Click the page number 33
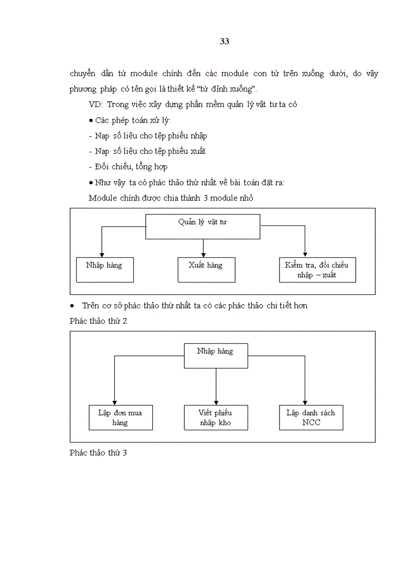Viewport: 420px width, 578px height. pyautogui.click(x=224, y=42)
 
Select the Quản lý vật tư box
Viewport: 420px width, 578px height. pyautogui.click(x=203, y=227)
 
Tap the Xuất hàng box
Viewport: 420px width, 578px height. pyautogui.click(x=206, y=270)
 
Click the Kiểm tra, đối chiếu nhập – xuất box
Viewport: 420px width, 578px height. pyautogui.click(x=317, y=270)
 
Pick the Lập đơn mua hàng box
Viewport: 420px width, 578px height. pyautogui.click(x=120, y=417)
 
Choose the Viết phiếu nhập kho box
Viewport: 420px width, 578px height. pyautogui.click(x=215, y=417)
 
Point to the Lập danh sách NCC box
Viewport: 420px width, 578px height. pyautogui.click(x=311, y=417)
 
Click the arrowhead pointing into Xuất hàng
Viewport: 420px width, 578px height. pyautogui.click(x=204, y=254)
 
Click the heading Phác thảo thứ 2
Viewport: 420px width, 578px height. pyautogui.click(x=98, y=321)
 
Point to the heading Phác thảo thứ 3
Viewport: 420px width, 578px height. pyautogui.click(x=98, y=453)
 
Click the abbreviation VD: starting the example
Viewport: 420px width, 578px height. pyautogui.click(x=96, y=104)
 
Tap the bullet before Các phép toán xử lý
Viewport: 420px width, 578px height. pyautogui.click(x=91, y=120)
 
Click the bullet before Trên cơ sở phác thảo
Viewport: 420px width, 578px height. pyautogui.click(x=73, y=306)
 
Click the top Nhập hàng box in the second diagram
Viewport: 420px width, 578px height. pyautogui.click(x=215, y=356)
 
